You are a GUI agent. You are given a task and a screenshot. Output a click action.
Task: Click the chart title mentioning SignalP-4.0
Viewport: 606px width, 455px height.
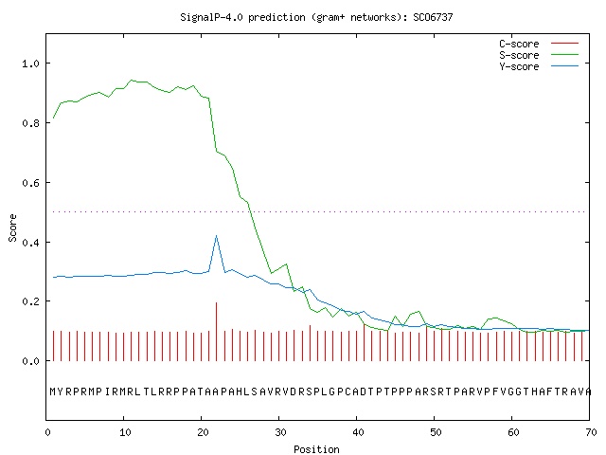(316, 17)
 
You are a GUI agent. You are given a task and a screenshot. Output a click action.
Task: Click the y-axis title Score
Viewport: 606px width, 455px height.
(12, 227)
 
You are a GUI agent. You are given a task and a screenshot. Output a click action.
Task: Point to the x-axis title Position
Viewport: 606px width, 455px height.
(316, 449)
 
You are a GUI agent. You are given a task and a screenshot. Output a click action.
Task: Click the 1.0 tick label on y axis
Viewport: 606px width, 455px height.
(30, 64)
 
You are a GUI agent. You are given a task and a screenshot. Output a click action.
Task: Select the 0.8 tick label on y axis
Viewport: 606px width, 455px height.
(30, 123)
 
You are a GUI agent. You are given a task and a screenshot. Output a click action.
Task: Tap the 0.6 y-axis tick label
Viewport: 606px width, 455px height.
(30, 183)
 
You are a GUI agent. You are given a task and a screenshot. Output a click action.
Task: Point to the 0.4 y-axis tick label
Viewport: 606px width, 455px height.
(30, 243)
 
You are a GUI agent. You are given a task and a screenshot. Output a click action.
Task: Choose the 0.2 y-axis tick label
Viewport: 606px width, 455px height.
(30, 301)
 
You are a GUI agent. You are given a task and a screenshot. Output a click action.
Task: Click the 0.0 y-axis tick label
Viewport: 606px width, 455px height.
(30, 361)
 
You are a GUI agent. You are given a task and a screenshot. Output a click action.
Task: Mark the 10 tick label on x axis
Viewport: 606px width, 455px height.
(125, 432)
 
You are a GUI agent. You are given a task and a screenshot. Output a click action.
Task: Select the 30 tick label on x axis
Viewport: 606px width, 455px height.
(280, 432)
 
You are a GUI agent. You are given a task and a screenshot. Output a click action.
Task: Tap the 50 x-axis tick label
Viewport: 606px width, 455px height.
(436, 432)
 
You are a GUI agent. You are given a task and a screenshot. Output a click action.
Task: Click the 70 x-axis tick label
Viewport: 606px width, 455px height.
(591, 432)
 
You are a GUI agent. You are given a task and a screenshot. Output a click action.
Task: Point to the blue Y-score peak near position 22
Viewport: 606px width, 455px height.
(217, 235)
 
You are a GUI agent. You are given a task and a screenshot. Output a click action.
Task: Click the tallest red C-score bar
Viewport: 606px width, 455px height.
(217, 332)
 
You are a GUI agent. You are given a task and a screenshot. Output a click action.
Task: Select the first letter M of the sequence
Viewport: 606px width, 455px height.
(53, 391)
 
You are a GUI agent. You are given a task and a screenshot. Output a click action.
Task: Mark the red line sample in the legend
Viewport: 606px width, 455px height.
(564, 44)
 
